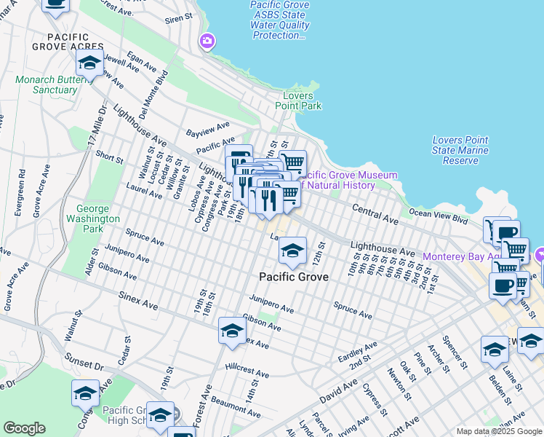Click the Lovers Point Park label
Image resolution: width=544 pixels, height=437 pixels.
(x=298, y=101)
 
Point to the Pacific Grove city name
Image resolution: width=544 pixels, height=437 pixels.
(x=294, y=277)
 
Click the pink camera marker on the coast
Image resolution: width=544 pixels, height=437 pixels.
(x=207, y=42)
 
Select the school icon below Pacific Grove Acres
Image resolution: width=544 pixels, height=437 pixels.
(x=89, y=64)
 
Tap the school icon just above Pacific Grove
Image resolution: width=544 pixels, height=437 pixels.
(x=292, y=251)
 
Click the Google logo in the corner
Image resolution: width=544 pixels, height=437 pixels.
(x=24, y=428)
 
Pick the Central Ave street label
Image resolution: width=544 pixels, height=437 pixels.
(x=375, y=214)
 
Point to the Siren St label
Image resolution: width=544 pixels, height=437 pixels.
(x=179, y=16)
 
